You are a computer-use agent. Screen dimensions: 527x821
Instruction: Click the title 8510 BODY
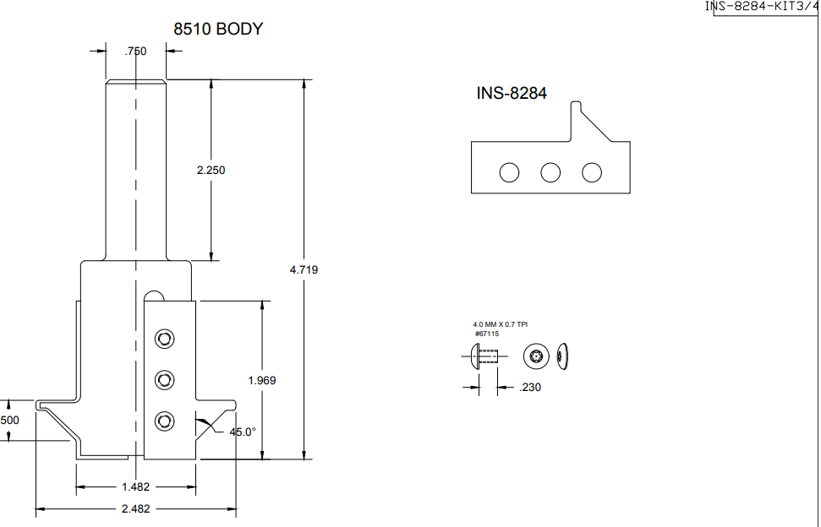point(218,29)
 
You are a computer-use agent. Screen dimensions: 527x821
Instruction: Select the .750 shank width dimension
point(135,52)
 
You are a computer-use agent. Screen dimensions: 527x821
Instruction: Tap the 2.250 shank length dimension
point(211,170)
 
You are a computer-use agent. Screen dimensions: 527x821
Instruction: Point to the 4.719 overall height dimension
point(304,270)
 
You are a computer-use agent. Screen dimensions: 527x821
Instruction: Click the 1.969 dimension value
point(261,381)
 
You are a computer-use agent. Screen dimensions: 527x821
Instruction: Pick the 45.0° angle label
point(243,432)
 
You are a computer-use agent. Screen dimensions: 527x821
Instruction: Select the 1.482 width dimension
point(135,487)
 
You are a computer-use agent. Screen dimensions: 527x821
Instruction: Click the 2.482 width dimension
point(135,509)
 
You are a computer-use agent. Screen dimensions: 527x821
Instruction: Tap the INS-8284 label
point(512,94)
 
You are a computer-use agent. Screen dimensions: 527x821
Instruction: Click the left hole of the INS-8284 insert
point(509,172)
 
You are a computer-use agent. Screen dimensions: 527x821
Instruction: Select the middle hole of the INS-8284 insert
point(550,172)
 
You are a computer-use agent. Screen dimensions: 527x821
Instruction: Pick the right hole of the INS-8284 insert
point(592,172)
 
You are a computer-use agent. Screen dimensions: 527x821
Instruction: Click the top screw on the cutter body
point(164,340)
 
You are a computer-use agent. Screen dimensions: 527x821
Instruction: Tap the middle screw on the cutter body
point(164,380)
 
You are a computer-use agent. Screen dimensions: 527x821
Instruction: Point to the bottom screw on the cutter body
point(164,421)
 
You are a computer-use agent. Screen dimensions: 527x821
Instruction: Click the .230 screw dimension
point(529,388)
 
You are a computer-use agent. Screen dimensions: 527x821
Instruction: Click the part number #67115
point(486,334)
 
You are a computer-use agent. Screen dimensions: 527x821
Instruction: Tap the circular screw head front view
point(535,356)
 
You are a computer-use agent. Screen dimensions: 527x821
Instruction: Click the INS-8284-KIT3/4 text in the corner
point(762,7)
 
